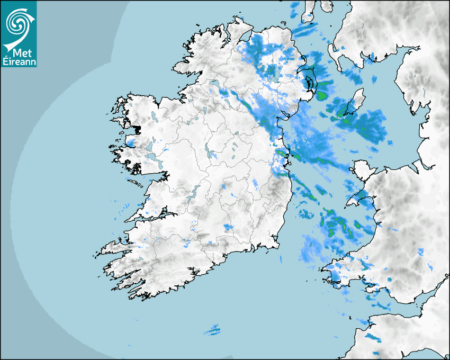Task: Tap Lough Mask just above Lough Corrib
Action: coord(150,145)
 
